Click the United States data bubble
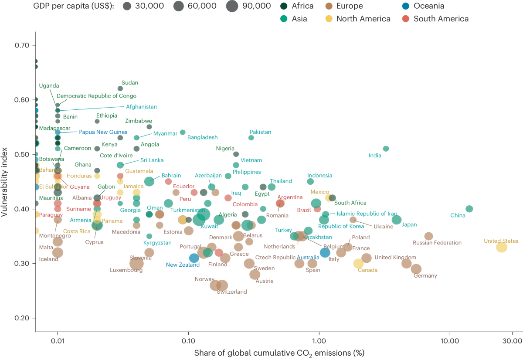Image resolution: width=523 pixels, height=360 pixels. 502,247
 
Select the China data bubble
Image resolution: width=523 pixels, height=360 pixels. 469,209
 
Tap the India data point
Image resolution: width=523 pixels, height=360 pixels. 386,149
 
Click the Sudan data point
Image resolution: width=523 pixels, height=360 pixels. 120,88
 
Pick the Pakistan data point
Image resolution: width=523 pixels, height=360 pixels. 251,138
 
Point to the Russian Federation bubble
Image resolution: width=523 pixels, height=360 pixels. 429,236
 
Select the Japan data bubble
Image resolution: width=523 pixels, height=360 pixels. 397,220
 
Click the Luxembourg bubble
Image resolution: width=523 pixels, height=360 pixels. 136,263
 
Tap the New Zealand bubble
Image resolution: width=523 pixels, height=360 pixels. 194,258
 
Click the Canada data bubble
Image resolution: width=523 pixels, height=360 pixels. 358,263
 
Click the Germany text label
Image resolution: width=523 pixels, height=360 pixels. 425,275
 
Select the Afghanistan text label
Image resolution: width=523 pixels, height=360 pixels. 141,107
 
